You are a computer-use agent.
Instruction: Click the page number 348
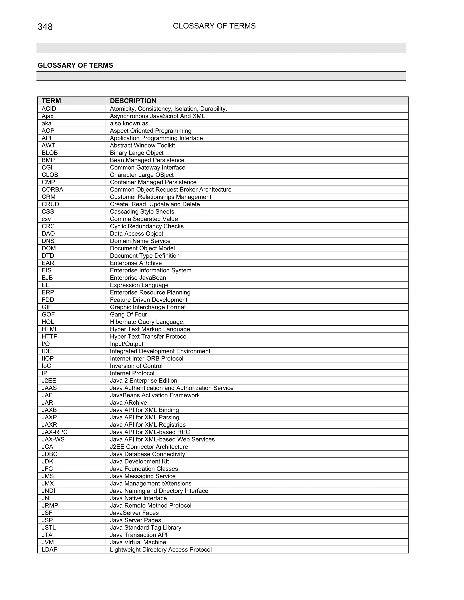pos(45,27)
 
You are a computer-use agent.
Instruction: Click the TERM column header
pos(51,101)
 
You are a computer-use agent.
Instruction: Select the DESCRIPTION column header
pos(133,101)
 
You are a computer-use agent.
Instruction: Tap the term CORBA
pos(52,190)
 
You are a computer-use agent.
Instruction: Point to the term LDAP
pos(49,550)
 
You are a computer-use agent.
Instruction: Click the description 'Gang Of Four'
pos(128,314)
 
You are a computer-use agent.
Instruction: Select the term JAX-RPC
pos(54,432)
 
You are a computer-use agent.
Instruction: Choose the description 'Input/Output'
pos(126,344)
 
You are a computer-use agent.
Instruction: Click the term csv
pos(46,219)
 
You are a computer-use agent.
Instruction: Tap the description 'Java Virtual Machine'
pos(138,542)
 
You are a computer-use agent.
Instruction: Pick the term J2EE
pos(49,381)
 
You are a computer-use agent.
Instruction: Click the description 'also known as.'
pos(130,123)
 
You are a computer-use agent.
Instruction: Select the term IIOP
pos(48,358)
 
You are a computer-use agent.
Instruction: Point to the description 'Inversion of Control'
pos(136,366)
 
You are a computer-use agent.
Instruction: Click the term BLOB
pos(49,153)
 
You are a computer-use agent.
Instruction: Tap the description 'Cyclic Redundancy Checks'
pos(147,226)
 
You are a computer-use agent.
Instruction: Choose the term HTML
pos(50,329)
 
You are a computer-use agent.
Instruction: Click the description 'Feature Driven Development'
pos(148,300)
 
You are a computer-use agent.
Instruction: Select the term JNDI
pos(48,491)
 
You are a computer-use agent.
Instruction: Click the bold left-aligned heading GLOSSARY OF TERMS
pos(75,65)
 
